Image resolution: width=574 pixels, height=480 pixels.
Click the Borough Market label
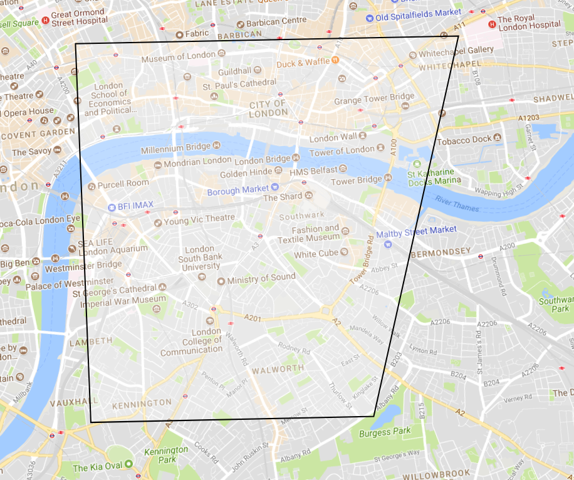[237, 190]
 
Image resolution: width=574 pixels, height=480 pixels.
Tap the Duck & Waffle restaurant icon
[335, 61]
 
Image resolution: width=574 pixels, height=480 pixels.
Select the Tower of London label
[342, 152]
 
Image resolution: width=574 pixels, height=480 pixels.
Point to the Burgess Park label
[385, 432]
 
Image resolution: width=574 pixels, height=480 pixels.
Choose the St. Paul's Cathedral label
[239, 83]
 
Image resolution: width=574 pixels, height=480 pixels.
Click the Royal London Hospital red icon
[492, 24]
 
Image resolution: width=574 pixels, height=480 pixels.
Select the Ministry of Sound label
[261, 278]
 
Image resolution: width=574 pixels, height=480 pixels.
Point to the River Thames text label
[457, 204]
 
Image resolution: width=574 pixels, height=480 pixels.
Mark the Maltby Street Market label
[425, 229]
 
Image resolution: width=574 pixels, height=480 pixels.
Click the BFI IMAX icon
[112, 207]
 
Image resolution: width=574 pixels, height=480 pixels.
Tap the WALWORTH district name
[278, 369]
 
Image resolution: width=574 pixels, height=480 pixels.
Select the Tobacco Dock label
[464, 139]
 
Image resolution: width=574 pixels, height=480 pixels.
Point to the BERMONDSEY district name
[440, 252]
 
